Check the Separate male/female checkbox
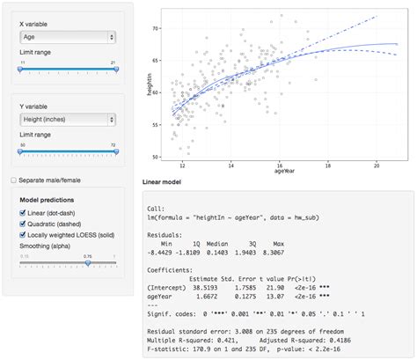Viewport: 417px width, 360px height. coord(12,180)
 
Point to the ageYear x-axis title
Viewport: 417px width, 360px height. coord(279,173)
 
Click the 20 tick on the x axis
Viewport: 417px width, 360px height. coord(377,165)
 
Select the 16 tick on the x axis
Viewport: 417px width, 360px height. coord(279,165)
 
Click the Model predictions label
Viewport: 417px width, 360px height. coord(47,200)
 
